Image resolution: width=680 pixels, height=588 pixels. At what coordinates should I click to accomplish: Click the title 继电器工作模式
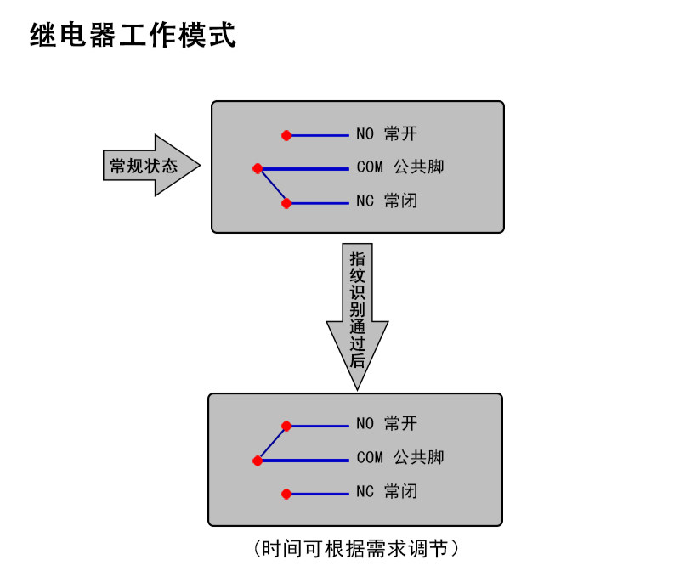click(x=133, y=37)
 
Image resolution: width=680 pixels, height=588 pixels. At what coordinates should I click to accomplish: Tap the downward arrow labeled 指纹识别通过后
click(x=358, y=314)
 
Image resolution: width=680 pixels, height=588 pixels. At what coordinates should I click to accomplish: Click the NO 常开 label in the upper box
click(x=387, y=134)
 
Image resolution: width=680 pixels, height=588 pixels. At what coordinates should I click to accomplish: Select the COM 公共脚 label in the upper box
click(x=400, y=168)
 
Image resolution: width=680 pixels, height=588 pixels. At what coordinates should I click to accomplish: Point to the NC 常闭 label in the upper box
click(x=387, y=202)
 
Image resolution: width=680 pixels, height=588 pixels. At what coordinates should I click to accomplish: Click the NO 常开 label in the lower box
click(x=387, y=424)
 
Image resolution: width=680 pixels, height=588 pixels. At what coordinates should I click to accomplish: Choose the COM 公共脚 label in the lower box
click(x=400, y=458)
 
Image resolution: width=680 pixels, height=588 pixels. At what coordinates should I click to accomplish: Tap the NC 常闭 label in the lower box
click(x=387, y=492)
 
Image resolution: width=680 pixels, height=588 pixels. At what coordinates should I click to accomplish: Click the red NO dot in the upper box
click(x=286, y=135)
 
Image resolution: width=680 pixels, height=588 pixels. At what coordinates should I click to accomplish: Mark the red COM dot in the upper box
click(x=258, y=168)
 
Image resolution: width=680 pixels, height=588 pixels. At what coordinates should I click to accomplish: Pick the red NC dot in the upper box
click(x=286, y=203)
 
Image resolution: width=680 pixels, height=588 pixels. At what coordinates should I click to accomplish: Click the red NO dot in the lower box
click(x=286, y=426)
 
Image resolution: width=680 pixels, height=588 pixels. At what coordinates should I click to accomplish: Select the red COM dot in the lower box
click(x=258, y=461)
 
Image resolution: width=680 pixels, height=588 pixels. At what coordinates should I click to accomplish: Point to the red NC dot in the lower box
click(x=286, y=494)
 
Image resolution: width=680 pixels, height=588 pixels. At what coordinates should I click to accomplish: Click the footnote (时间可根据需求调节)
click(x=357, y=549)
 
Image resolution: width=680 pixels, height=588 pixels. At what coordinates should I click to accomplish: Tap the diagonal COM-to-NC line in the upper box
click(x=272, y=186)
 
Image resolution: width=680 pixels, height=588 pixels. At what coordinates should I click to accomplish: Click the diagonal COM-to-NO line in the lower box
click(x=272, y=444)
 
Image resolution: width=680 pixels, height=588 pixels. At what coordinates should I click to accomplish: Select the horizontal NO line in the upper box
click(x=319, y=135)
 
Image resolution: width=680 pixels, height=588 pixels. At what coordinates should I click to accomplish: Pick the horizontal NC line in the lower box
click(x=319, y=494)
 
